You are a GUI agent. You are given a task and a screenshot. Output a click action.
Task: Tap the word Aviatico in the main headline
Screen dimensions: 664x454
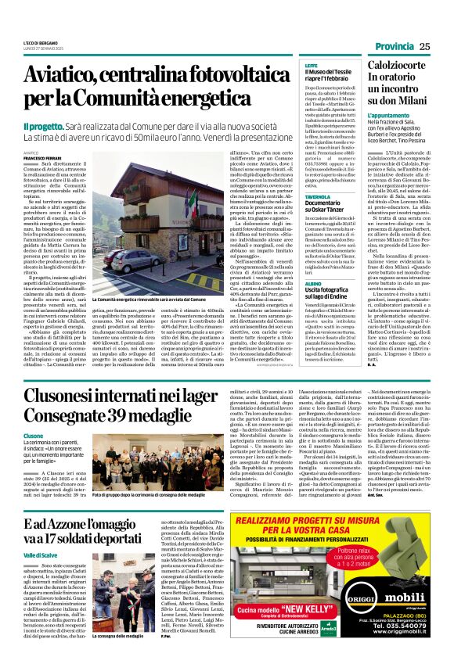pyautogui.click(x=61, y=75)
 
